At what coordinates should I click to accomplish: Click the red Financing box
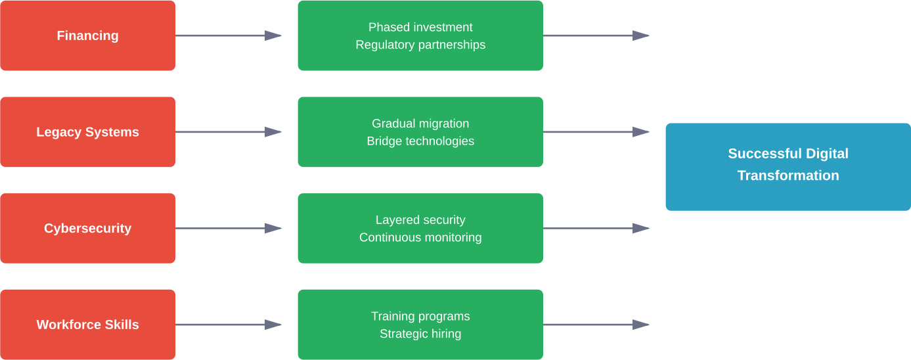coord(87,35)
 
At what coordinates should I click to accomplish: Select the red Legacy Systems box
coord(87,132)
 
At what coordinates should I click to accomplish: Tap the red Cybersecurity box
coord(87,228)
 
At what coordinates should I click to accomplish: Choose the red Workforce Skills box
coord(87,325)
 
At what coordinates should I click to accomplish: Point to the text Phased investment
coord(420,27)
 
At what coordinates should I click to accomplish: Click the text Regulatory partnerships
coord(420,45)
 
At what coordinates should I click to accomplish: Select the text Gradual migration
coord(420,124)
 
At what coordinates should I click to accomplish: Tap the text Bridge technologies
coord(420,141)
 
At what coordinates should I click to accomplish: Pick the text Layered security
coord(420,219)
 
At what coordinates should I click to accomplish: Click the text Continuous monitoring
coord(420,237)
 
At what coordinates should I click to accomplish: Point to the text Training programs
coord(420,316)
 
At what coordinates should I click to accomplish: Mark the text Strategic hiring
coord(420,334)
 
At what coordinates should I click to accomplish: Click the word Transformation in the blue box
coord(788,175)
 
